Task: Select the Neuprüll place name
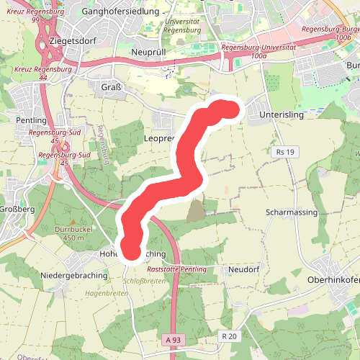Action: coord(150,53)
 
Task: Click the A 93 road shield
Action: coord(172,339)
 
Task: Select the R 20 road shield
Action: coord(230,336)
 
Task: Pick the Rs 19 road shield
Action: coord(285,152)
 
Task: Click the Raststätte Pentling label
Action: coord(176,269)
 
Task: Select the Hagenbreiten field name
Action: coord(106,294)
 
